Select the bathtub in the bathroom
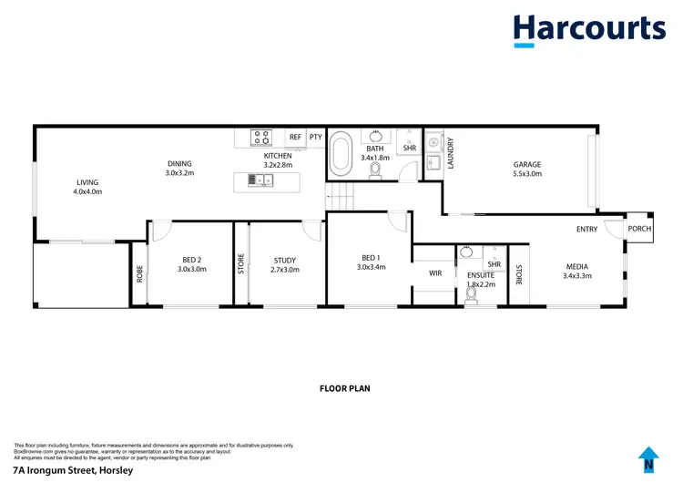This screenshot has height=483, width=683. coord(341,153)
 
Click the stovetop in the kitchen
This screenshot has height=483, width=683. coord(261,138)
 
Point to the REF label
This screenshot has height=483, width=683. coord(295,138)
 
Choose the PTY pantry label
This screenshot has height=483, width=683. coord(315,138)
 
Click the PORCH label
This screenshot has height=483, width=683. coord(639,229)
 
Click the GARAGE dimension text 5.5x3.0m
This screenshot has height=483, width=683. coord(527,173)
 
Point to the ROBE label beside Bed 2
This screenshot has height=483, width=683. coord(139,273)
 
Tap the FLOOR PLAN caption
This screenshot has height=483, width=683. coord(344,387)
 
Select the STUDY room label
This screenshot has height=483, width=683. coord(284,261)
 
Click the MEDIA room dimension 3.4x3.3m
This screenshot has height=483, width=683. coord(577,275)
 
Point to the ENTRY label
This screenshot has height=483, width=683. coord(586,229)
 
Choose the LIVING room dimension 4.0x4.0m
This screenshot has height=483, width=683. coord(87,192)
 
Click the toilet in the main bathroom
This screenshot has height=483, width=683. coord(374,168)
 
